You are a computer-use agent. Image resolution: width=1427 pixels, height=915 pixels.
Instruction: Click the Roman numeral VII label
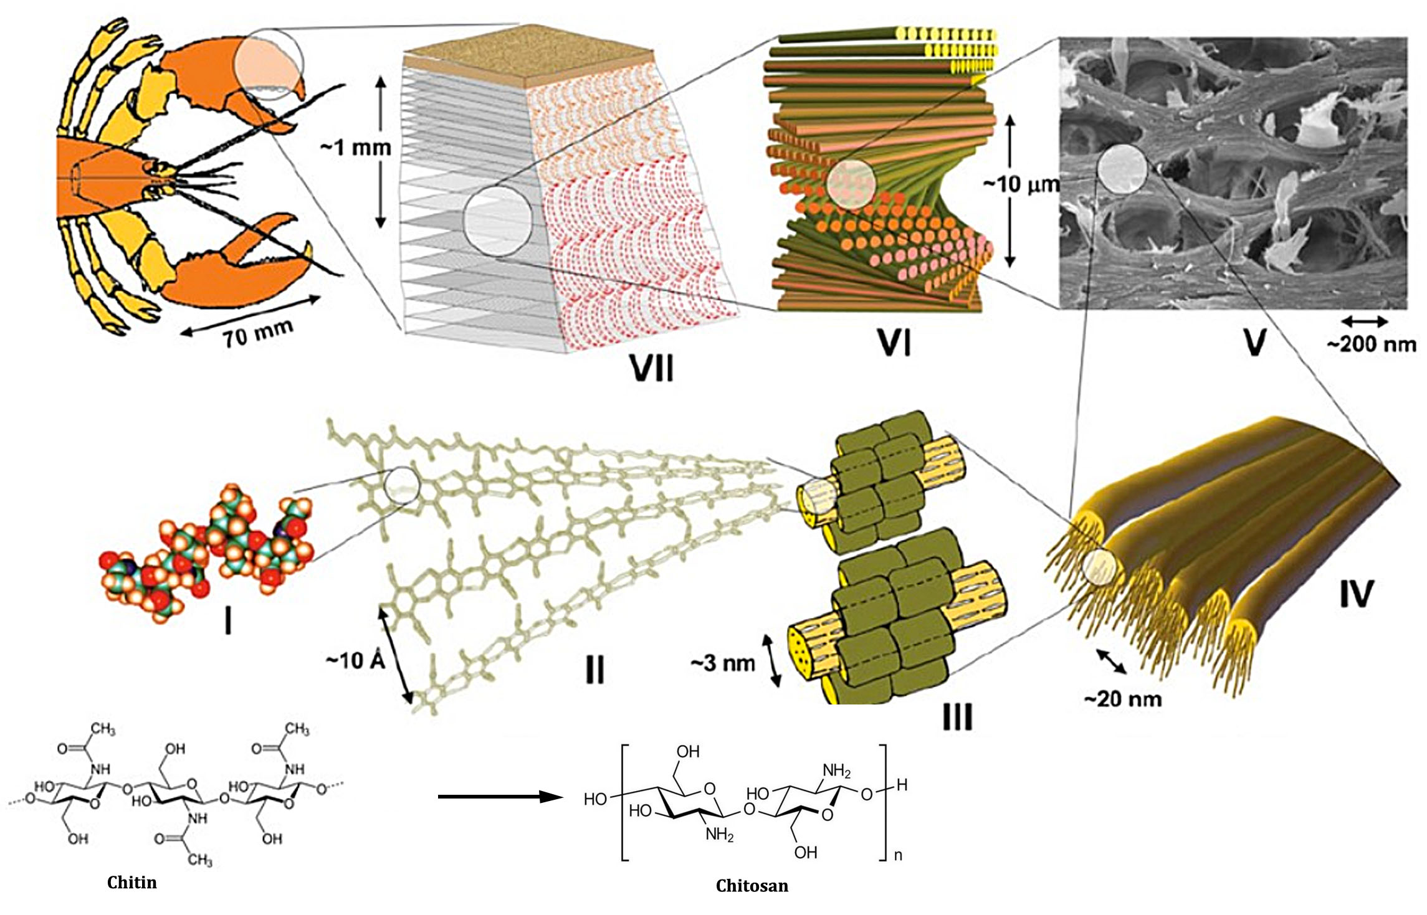(652, 367)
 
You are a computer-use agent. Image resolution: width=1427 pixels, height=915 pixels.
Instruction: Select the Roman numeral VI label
(894, 343)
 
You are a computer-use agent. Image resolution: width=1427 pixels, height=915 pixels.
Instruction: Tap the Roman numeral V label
(1254, 341)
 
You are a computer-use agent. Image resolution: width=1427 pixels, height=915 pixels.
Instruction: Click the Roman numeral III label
(957, 717)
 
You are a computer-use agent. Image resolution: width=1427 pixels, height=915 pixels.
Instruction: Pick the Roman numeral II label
(594, 670)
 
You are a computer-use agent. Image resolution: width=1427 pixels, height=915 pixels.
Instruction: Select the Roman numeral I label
(228, 621)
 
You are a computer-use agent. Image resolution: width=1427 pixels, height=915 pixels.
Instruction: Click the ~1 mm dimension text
(355, 148)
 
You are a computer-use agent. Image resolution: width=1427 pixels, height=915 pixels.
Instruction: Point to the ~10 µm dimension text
(1021, 184)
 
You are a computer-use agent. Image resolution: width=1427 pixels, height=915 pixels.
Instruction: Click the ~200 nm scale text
(1370, 344)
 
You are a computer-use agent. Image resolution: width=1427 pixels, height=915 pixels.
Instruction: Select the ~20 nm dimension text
(1123, 699)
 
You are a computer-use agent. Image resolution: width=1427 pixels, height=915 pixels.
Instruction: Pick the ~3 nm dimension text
(722, 663)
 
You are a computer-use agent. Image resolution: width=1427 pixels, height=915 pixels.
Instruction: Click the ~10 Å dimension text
(356, 660)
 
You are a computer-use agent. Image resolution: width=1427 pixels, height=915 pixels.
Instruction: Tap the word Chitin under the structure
(131, 882)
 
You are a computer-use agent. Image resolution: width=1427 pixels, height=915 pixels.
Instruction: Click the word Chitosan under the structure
(752, 886)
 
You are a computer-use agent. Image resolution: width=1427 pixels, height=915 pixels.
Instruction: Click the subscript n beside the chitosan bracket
(898, 855)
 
